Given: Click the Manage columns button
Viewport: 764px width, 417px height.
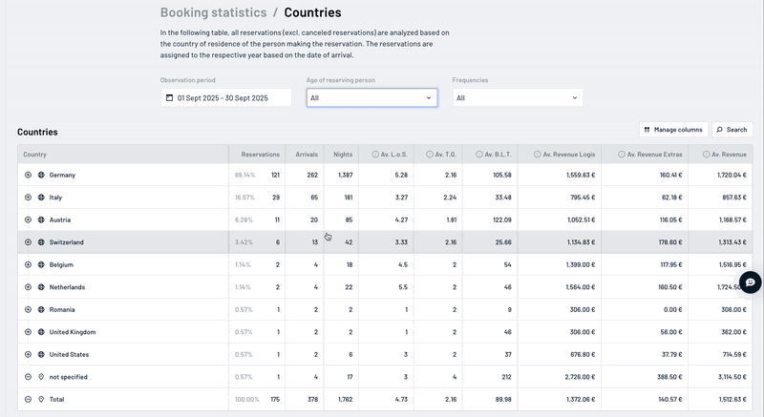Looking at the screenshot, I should click(673, 129).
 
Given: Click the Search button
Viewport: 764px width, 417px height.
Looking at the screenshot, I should click(732, 129).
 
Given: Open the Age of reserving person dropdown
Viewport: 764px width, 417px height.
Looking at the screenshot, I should click(371, 97).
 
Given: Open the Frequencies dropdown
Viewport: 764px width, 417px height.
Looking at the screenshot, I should click(517, 97).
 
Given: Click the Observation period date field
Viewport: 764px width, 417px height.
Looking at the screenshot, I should click(225, 97).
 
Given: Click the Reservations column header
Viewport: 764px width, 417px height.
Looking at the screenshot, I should click(260, 154).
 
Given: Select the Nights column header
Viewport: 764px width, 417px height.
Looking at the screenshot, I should click(342, 154).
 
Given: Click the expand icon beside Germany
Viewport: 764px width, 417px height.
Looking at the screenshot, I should click(29, 176).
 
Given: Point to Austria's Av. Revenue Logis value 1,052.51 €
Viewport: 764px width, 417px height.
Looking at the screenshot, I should click(574, 220).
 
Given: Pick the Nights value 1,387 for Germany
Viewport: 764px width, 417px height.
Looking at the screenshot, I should click(344, 176).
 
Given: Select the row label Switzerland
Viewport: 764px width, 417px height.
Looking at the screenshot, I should click(66, 242).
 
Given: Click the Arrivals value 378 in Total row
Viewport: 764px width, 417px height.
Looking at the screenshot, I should click(310, 400).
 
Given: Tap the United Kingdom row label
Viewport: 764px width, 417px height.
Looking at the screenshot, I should click(73, 332).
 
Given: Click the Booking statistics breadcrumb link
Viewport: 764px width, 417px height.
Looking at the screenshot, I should click(213, 13).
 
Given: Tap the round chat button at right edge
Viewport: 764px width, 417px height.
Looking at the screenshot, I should click(751, 282).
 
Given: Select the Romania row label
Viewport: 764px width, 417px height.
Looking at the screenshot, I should click(63, 310).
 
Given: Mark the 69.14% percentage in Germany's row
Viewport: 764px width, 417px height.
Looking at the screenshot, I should click(245, 176).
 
